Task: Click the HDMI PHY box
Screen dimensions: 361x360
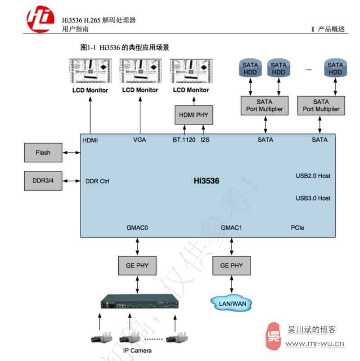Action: (193, 115)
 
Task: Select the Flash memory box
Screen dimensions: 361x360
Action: (43, 152)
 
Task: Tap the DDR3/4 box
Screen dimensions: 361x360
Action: (43, 181)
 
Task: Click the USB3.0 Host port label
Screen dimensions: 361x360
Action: (313, 198)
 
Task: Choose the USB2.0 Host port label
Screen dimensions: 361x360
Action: (313, 176)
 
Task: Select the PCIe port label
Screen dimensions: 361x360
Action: (297, 228)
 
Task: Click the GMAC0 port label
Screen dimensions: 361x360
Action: (137, 228)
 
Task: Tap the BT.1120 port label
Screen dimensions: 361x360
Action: (184, 140)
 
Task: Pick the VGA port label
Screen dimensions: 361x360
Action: (139, 140)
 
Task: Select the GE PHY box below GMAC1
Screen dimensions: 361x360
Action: (231, 266)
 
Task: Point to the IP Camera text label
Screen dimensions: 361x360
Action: (137, 351)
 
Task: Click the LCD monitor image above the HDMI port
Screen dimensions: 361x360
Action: (90, 71)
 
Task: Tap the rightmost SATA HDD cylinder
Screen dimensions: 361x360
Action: (335, 69)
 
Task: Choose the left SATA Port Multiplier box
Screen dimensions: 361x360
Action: (265, 106)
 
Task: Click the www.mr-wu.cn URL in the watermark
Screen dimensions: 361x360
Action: (315, 345)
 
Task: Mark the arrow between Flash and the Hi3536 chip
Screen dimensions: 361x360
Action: (72, 152)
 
